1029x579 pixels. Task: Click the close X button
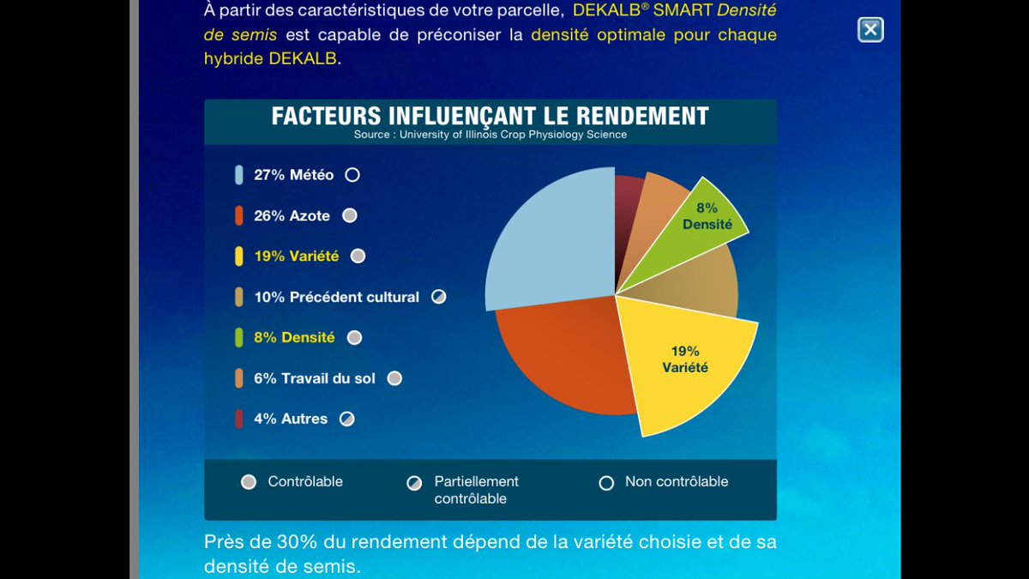point(870,30)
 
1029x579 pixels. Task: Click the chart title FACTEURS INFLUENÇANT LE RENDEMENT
point(490,117)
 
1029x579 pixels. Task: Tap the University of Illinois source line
point(490,135)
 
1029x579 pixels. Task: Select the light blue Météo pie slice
point(549,240)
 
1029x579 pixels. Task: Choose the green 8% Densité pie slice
point(699,223)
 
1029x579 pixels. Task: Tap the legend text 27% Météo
point(293,175)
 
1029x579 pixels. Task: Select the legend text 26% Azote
point(292,216)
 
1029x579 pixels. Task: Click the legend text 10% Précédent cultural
point(336,297)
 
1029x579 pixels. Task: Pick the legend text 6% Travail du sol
point(314,378)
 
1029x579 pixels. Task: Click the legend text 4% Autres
point(290,419)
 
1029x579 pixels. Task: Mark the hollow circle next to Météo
point(352,175)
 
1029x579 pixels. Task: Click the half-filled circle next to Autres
point(346,419)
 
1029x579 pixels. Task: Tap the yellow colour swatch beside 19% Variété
point(238,256)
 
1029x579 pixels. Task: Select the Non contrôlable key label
point(676,481)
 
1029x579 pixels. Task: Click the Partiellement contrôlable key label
point(476,490)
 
